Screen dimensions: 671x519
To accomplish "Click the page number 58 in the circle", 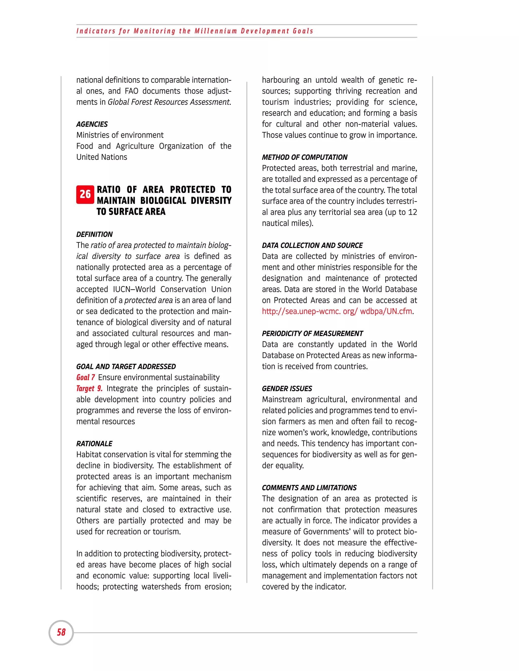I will click(61, 632).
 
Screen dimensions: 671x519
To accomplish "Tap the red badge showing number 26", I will click(85, 194).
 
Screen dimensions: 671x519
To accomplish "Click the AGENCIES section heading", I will click(92, 124).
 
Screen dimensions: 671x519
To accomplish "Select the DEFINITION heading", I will click(94, 234).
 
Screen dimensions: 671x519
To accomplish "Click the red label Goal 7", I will click(85, 377).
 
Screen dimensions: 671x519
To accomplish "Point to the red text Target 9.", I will click(89, 388).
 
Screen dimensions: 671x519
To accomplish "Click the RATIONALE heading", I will click(94, 444).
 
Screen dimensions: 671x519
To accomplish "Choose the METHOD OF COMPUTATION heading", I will click(304, 157).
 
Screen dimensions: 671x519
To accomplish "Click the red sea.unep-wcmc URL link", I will click(337, 311).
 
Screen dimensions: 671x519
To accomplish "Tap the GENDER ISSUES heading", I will click(287, 389).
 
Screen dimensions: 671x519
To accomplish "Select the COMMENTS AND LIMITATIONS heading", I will click(309, 488).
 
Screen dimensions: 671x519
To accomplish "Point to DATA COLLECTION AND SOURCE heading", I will click(312, 245).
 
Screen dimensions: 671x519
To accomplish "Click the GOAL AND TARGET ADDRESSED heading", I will click(126, 367).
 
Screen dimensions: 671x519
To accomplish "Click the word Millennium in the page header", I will click(216, 31).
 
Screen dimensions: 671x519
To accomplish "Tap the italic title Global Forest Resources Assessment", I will click(169, 102).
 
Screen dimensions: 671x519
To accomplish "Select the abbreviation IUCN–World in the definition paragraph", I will click(134, 289).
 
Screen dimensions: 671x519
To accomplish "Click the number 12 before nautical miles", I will click(412, 212).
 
